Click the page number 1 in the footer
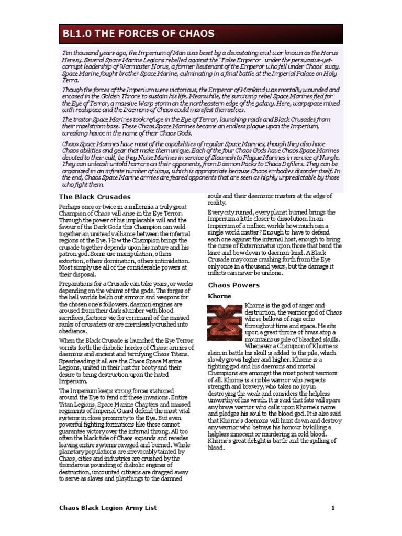[x=332, y=508]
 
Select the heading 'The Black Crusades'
[x=94, y=197]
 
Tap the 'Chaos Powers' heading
[x=234, y=285]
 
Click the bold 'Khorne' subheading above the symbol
[x=220, y=296]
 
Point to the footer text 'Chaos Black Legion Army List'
[x=107, y=508]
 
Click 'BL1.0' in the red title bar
[x=74, y=34]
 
